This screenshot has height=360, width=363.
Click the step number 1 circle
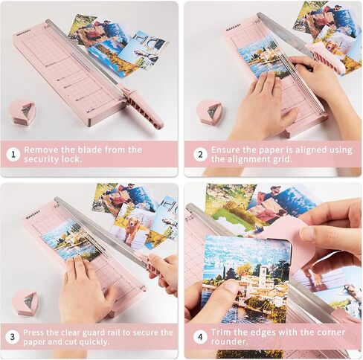13,155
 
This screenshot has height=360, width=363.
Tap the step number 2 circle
200,155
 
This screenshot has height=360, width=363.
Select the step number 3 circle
12,337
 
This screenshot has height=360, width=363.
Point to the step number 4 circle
200,337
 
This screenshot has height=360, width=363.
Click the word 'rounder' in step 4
229,341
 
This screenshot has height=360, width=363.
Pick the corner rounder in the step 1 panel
22,112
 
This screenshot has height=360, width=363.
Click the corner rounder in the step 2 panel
210,111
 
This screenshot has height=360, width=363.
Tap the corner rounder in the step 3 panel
25,303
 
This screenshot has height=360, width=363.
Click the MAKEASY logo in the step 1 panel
24,33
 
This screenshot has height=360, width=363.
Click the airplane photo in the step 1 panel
144,50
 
